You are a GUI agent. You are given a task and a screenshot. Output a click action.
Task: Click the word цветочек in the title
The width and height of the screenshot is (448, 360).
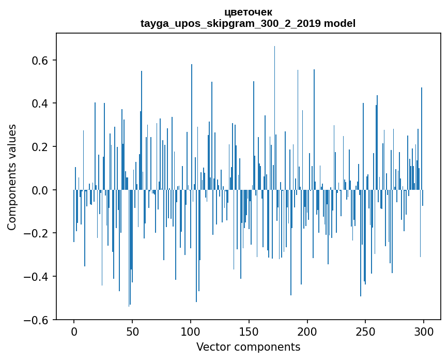click(x=248, y=12)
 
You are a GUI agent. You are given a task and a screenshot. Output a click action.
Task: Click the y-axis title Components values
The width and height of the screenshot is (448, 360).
click(x=12, y=177)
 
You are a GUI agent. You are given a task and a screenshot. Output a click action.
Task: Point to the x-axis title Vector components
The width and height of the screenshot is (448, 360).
click(x=248, y=347)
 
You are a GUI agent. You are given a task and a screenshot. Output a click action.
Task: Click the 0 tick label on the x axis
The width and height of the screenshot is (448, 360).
click(x=74, y=331)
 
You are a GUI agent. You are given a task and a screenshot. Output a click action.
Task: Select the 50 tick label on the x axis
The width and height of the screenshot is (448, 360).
click(x=132, y=331)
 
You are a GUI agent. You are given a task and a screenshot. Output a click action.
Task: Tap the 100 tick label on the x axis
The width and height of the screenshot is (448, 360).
click(x=191, y=331)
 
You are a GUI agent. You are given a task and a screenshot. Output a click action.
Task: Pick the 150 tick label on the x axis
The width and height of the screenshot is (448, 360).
click(x=249, y=331)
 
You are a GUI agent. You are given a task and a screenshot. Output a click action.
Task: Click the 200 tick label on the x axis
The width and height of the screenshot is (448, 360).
click(x=307, y=331)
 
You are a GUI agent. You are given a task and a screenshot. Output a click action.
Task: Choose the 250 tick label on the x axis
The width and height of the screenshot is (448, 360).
click(x=365, y=331)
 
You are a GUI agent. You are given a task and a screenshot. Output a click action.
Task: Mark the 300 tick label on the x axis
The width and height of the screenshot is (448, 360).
click(x=424, y=331)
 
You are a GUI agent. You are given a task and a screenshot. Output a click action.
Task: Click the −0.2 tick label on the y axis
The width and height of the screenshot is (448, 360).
click(x=38, y=233)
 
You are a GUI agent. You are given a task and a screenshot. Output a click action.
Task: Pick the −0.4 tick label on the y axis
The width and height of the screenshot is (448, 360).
click(x=38, y=277)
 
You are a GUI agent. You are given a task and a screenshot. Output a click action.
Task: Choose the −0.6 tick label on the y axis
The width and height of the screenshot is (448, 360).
click(x=38, y=320)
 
